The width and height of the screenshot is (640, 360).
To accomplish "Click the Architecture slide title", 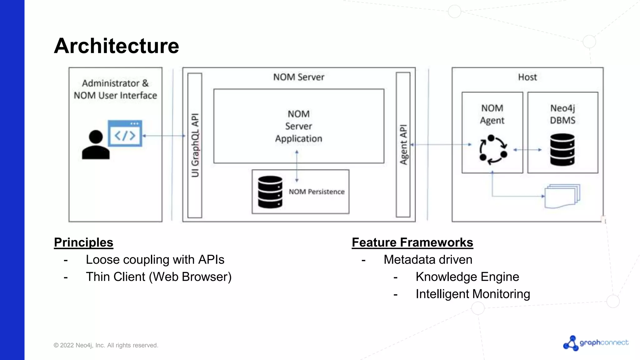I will click(116, 46).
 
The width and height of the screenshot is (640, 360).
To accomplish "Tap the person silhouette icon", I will click(96, 145).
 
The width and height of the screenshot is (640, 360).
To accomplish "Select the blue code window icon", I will click(125, 133).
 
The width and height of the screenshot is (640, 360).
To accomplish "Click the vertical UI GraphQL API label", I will click(195, 145).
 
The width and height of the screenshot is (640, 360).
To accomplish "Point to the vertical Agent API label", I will click(403, 145).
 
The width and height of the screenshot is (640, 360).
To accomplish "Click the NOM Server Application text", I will click(298, 126).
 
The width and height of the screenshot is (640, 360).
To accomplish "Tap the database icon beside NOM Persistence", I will click(270, 192).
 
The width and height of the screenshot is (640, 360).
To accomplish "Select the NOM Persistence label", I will click(316, 192).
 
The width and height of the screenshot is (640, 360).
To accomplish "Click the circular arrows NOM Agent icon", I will click(493, 150).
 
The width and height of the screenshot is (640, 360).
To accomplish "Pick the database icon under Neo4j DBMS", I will click(562, 150).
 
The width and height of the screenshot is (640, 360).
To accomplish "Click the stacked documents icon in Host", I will click(562, 196).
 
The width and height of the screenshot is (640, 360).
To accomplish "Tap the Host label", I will click(527, 77).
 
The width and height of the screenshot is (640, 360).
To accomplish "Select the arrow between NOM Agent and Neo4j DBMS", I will click(527, 150).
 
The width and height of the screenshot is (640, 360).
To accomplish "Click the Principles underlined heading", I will click(83, 242).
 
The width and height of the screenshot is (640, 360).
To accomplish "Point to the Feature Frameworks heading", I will click(412, 242).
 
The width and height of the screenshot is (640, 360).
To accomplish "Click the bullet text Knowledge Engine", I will click(467, 277).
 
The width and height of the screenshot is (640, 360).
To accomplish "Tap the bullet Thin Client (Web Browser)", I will click(158, 277).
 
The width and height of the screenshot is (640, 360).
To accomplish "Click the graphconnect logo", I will click(596, 343).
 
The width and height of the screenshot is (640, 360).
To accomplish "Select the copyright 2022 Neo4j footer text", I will click(106, 345).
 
